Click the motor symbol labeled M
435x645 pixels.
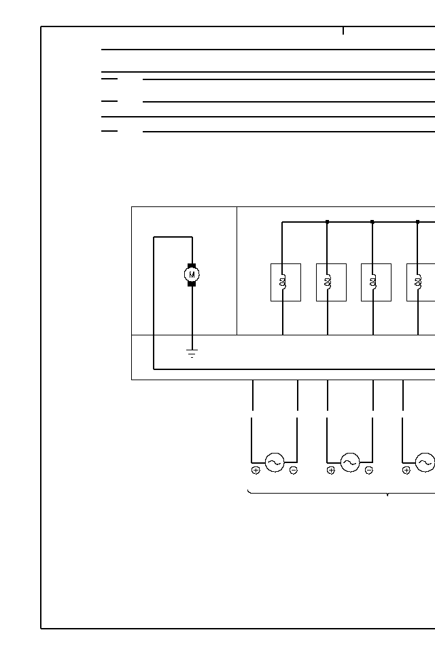(192, 274)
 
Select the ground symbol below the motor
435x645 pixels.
(192, 353)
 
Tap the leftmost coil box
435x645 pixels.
(285, 282)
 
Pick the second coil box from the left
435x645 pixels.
(331, 282)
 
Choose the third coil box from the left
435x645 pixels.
(376, 282)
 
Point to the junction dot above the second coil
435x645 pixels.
(327, 221)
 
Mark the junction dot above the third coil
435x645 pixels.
(372, 221)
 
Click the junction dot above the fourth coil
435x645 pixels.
(417, 221)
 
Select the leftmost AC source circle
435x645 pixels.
(275, 463)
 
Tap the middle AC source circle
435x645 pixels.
(350, 463)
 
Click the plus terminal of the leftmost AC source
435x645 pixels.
(256, 471)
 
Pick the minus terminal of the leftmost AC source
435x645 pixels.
(294, 471)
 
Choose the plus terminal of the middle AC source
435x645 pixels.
(331, 471)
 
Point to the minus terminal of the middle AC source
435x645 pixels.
(369, 471)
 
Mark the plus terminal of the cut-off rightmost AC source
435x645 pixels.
(406, 471)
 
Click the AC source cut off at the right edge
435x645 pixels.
(425, 463)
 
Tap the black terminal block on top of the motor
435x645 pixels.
(192, 265)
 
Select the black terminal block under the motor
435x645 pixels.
(192, 284)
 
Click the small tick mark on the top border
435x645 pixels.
(343, 31)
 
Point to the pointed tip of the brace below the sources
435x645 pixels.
(387, 496)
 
